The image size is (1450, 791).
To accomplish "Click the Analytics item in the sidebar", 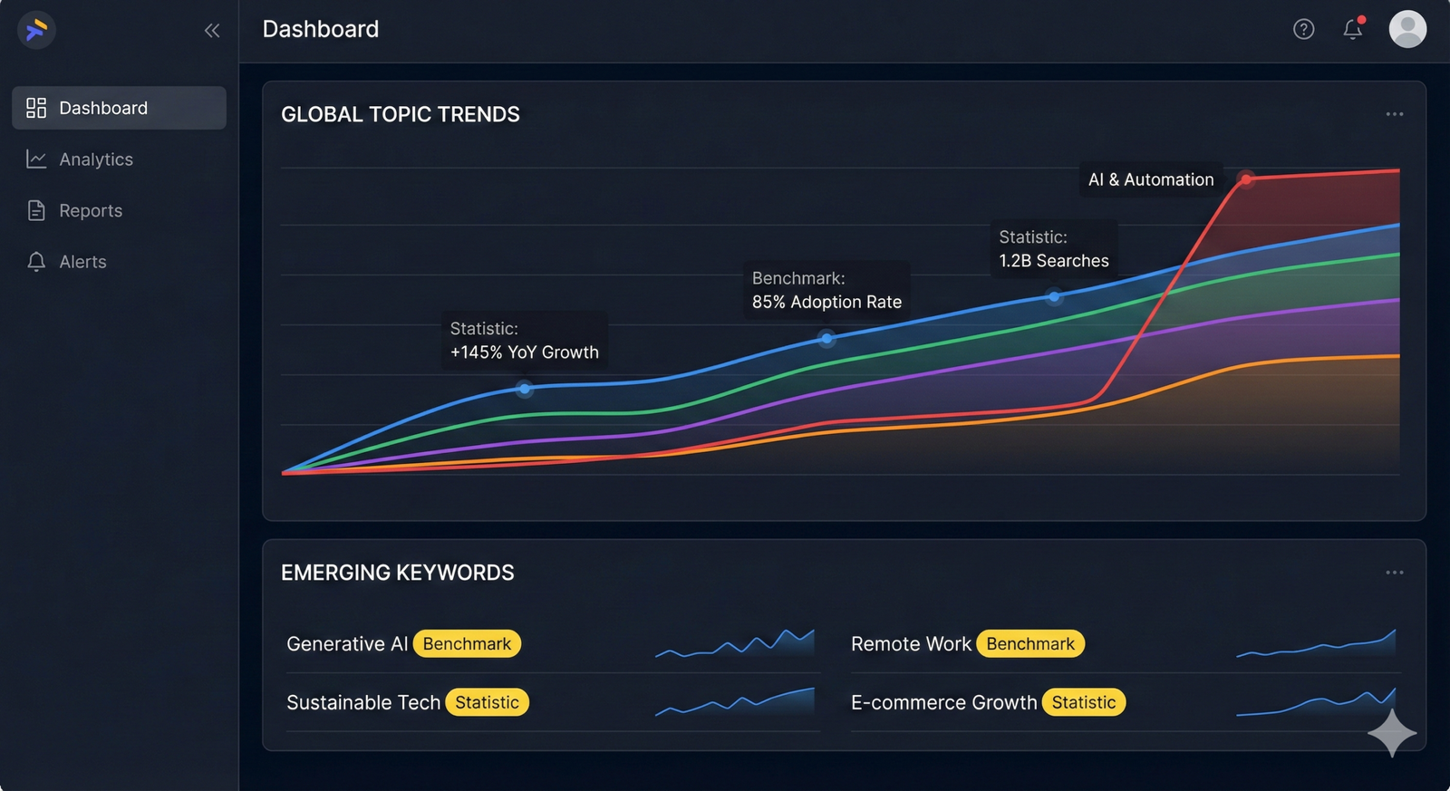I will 95,159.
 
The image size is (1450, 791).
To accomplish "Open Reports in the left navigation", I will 90,211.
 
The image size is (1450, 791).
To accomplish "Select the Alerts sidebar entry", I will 82,262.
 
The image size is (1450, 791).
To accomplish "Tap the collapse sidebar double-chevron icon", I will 212,31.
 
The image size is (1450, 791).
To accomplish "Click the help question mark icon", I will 1303,30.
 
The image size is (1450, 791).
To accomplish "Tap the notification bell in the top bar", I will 1353,29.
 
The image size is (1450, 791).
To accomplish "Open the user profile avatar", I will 1407,29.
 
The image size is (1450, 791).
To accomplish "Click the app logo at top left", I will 36,30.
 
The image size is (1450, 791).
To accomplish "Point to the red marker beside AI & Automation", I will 1246,179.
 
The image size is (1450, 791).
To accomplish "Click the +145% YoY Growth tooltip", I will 524,341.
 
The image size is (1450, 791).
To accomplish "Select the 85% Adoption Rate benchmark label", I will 826,290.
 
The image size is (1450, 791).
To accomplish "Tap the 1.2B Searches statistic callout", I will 1053,249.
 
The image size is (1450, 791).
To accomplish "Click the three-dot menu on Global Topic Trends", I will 1394,114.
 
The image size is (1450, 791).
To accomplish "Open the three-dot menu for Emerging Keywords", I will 1394,573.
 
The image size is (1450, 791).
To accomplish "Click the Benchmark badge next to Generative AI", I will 467,644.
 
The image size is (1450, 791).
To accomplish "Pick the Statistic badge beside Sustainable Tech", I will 487,703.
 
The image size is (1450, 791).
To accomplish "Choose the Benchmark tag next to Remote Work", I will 1030,644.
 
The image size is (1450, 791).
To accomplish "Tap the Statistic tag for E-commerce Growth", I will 1083,703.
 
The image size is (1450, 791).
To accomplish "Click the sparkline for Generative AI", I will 735,643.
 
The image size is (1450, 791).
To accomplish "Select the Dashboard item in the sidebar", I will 119,108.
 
